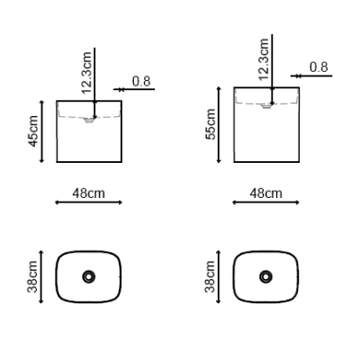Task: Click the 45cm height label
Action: click(x=33, y=131)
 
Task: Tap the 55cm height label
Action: click(x=211, y=124)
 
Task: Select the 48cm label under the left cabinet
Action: click(x=88, y=193)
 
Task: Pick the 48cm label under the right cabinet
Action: click(x=265, y=193)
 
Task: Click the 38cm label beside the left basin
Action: click(x=32, y=276)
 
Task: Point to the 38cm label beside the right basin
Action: click(x=210, y=276)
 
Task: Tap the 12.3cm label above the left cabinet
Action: click(x=86, y=73)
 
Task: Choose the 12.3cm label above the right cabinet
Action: click(x=263, y=59)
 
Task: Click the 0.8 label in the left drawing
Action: click(x=141, y=81)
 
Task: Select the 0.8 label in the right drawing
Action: click(x=319, y=67)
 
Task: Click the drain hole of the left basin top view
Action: click(x=89, y=276)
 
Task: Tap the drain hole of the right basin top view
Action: click(x=265, y=276)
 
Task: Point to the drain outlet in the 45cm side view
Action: click(x=89, y=121)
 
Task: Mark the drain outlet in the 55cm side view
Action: click(x=266, y=106)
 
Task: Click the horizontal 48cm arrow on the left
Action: click(x=88, y=202)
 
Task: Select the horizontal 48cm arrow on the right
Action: click(x=265, y=202)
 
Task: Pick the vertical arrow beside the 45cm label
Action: click(x=41, y=131)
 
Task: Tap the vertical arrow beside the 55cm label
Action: click(x=219, y=125)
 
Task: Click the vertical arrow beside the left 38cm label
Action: click(x=41, y=276)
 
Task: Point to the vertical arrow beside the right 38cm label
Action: click(x=219, y=276)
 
